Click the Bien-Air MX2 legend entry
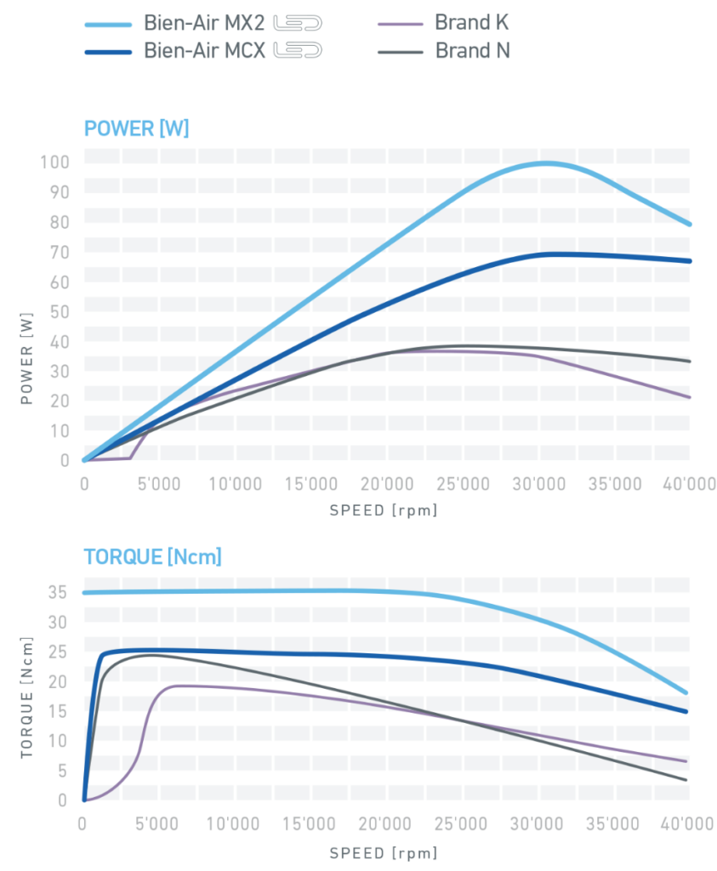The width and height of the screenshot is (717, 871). coord(205,23)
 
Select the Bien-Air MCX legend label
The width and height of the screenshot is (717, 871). coord(206,51)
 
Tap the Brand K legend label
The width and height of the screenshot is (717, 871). coord(472,23)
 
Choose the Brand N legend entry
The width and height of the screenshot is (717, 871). coord(473,51)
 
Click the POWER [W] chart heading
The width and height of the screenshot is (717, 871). coord(136,129)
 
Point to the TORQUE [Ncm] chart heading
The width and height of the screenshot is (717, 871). coord(153,558)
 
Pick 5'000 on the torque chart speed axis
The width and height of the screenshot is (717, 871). coord(156,825)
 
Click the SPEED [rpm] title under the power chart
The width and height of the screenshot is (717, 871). coord(384,510)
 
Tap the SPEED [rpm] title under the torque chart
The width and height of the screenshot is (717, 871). coord(384,851)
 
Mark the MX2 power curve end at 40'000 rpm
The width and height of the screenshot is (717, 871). coord(689,225)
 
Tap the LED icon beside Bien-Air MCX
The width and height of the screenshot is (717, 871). coord(297,51)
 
